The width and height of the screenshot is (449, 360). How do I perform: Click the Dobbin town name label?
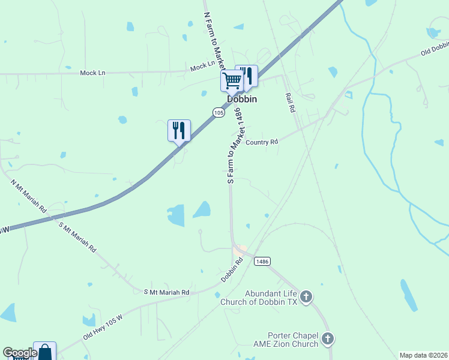[242, 99]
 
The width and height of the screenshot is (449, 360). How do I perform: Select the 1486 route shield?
[262, 261]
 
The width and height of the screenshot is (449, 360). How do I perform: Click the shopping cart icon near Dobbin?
[232, 79]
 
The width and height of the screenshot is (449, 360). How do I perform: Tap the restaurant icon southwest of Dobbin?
[179, 130]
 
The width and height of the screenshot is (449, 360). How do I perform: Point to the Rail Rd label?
[289, 103]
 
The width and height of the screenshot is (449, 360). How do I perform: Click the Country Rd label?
[262, 142]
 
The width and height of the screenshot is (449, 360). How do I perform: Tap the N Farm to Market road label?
[214, 39]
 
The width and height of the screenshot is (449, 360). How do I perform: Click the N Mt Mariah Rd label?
[28, 195]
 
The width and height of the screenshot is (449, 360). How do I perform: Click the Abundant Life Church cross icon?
[306, 296]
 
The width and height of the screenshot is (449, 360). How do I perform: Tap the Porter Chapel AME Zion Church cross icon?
[327, 338]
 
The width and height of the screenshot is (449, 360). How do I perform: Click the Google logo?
[20, 353]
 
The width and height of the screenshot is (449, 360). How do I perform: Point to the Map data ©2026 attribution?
[424, 355]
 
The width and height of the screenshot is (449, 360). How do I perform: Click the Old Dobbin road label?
[435, 48]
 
